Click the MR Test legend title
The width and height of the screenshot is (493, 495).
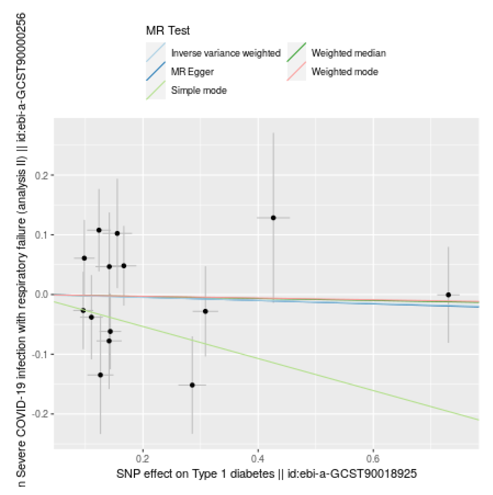168,31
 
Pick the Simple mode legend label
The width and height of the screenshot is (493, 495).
199,90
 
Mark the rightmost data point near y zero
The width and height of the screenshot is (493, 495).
448,295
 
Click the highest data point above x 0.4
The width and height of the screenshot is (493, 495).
273,218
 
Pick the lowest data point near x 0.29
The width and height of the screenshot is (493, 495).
192,385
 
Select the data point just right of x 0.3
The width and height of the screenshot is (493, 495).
205,311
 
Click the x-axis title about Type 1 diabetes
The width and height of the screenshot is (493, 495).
266,474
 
